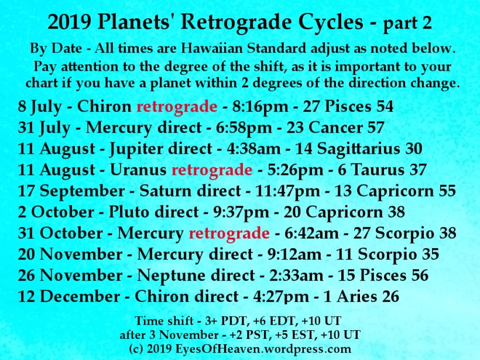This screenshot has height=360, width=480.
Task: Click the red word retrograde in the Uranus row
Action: [212, 170]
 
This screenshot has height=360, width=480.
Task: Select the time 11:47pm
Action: [287, 191]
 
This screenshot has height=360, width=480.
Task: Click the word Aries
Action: [357, 297]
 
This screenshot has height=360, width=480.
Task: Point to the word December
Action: [80, 297]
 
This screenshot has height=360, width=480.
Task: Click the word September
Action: [83, 191]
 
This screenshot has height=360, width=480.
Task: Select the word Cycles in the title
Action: [331, 23]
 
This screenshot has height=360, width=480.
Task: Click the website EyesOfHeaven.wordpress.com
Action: [263, 349]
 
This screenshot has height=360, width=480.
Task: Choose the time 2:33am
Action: [296, 276]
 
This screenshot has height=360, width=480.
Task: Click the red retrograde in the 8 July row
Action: [177, 107]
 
